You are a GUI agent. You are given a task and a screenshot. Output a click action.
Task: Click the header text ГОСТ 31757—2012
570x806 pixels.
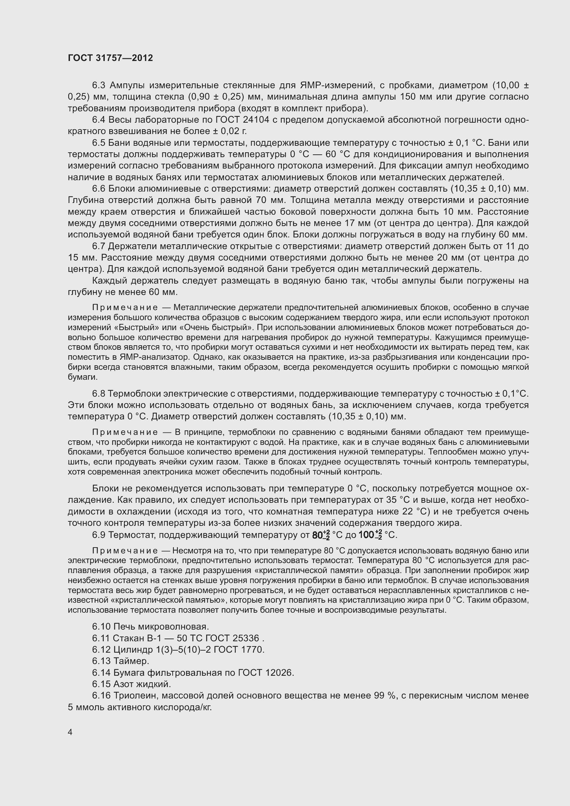[x=110, y=58]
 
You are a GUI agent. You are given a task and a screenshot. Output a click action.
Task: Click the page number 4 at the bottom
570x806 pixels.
[x=70, y=732]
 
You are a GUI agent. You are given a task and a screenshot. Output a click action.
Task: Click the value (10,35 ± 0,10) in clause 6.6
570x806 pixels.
[x=480, y=189]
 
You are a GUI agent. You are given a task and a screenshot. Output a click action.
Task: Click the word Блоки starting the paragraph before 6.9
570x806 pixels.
[x=107, y=489]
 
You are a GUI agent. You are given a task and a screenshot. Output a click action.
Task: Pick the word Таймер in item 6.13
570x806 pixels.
[x=131, y=661]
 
